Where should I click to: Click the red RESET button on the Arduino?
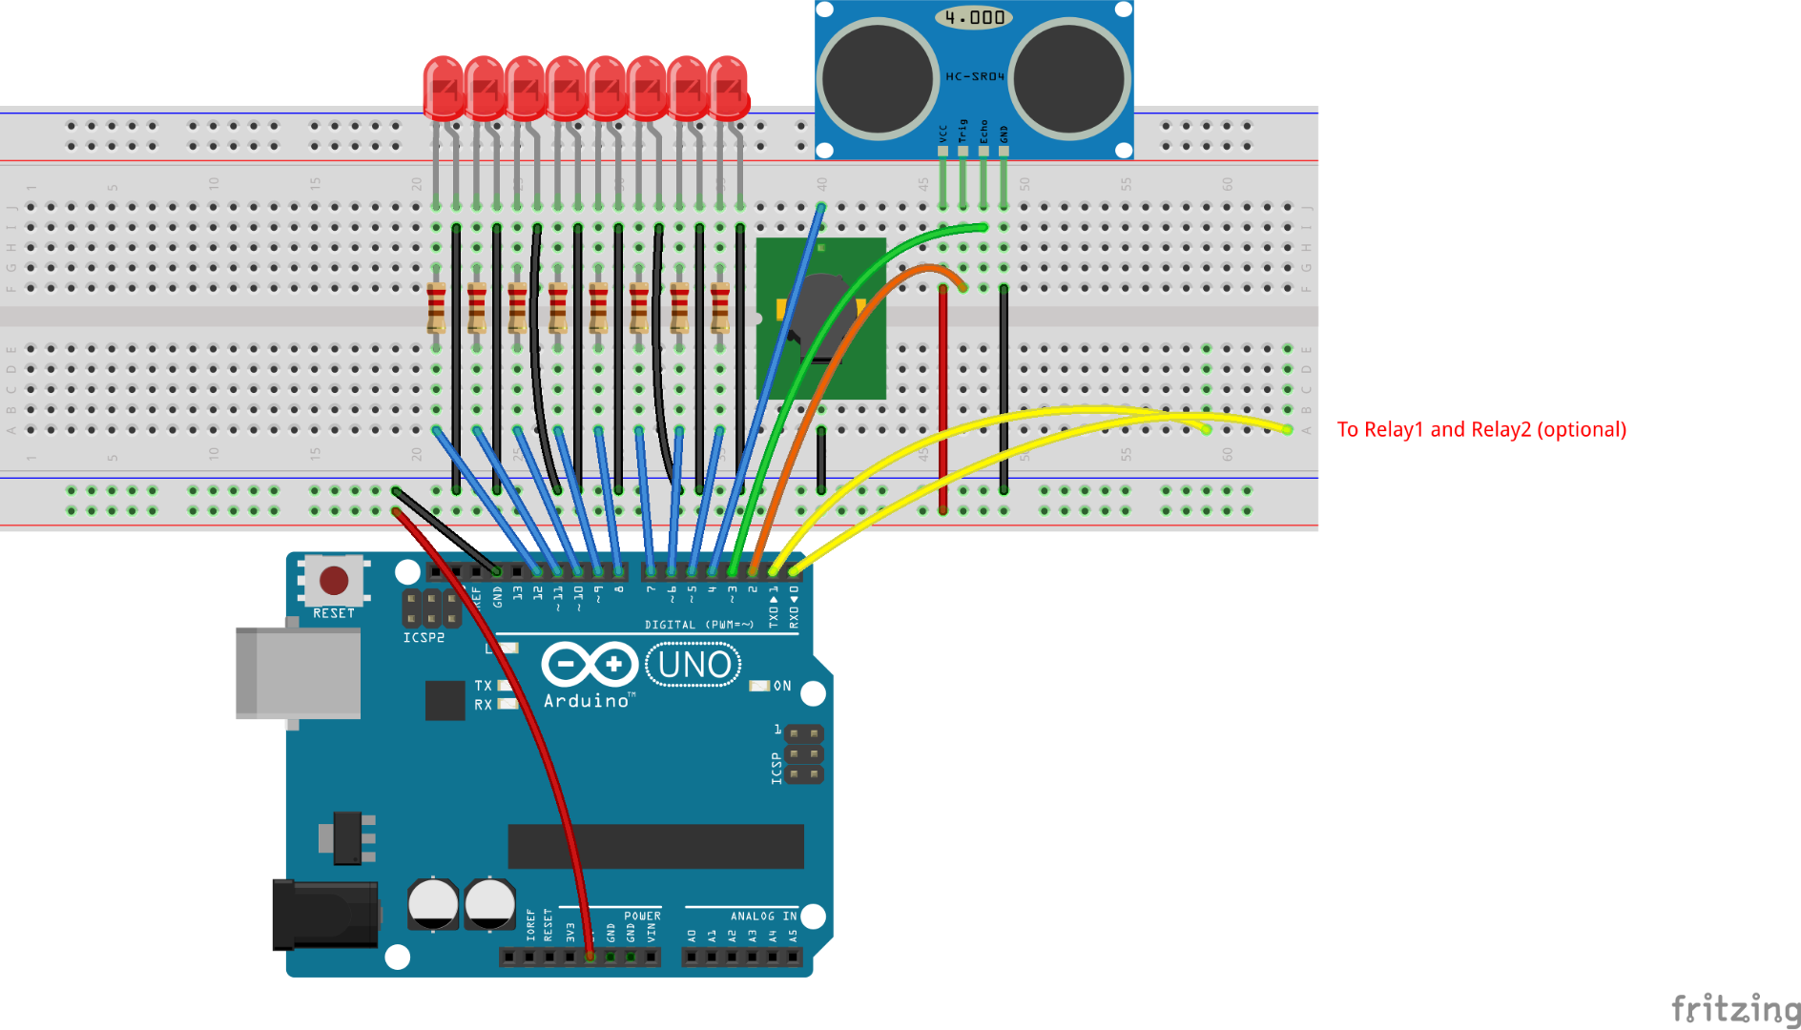[x=333, y=580]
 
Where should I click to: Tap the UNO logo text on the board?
[x=694, y=665]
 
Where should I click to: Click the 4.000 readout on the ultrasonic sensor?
[x=974, y=17]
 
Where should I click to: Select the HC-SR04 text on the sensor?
[x=974, y=76]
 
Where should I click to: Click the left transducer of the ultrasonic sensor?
[x=877, y=78]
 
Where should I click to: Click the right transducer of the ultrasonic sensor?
[x=1069, y=78]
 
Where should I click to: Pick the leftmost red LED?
[x=443, y=88]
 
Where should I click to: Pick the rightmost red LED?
[x=728, y=88]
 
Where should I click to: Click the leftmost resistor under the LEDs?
[x=436, y=307]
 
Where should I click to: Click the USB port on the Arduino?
[x=298, y=672]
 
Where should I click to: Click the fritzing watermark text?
[x=1735, y=1009]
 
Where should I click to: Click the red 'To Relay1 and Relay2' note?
[x=1480, y=430]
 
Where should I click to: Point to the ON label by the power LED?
[x=782, y=686]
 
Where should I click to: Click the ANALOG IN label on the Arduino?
[x=763, y=917]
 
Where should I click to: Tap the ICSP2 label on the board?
[x=424, y=637]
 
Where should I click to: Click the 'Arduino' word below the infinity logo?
[x=587, y=701]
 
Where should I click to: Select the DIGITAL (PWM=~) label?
[x=698, y=625]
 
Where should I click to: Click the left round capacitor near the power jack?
[x=433, y=903]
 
